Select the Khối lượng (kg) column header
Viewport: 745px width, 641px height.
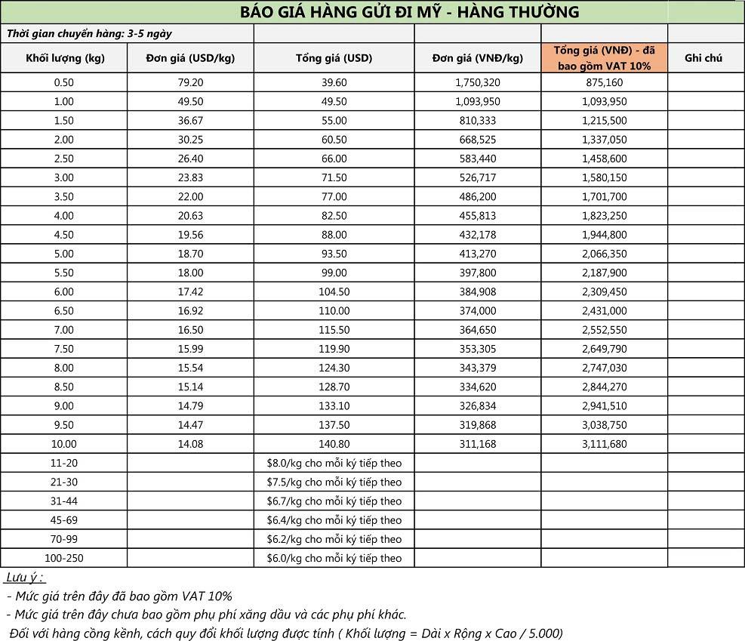(65, 58)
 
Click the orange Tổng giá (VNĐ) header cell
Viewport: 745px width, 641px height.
(604, 58)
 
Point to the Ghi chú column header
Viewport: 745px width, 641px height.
(703, 58)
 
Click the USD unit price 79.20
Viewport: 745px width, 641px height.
(190, 82)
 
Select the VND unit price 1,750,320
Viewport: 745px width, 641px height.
(478, 82)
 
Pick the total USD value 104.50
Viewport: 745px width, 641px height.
(334, 291)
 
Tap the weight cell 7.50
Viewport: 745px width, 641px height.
(64, 349)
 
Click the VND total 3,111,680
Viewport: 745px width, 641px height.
(604, 444)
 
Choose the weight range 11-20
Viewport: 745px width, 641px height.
(64, 463)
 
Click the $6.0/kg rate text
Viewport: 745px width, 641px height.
(334, 558)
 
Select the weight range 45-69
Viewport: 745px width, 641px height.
(64, 520)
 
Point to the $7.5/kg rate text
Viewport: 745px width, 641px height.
(334, 482)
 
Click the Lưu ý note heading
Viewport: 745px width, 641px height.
(25, 578)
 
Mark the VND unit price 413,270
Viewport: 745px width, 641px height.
(478, 254)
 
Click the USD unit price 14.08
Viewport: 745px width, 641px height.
(190, 444)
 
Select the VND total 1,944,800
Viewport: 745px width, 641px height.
(604, 235)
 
